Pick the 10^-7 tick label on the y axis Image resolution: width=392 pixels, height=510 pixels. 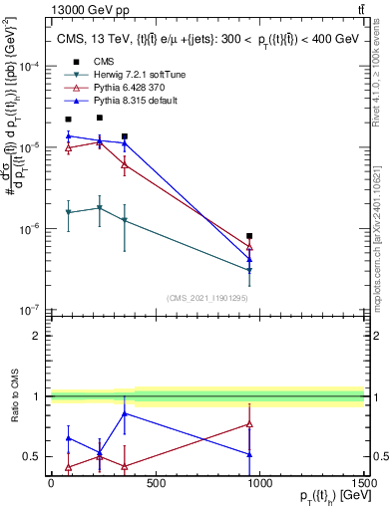point(27,310)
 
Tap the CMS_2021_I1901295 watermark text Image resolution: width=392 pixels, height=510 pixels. point(206,298)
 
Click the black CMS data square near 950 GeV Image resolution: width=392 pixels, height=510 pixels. point(249,236)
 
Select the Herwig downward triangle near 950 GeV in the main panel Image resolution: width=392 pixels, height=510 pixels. point(249,270)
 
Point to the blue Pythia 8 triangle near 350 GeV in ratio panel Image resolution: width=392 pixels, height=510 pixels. point(124,413)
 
